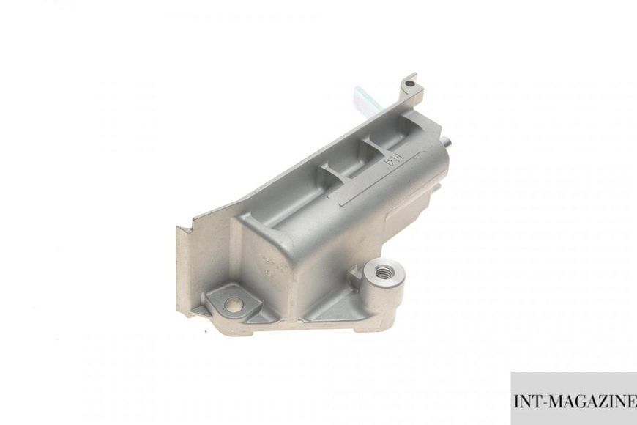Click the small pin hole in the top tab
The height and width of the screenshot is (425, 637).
point(409,84)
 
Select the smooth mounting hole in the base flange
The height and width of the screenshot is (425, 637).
point(235,303)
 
